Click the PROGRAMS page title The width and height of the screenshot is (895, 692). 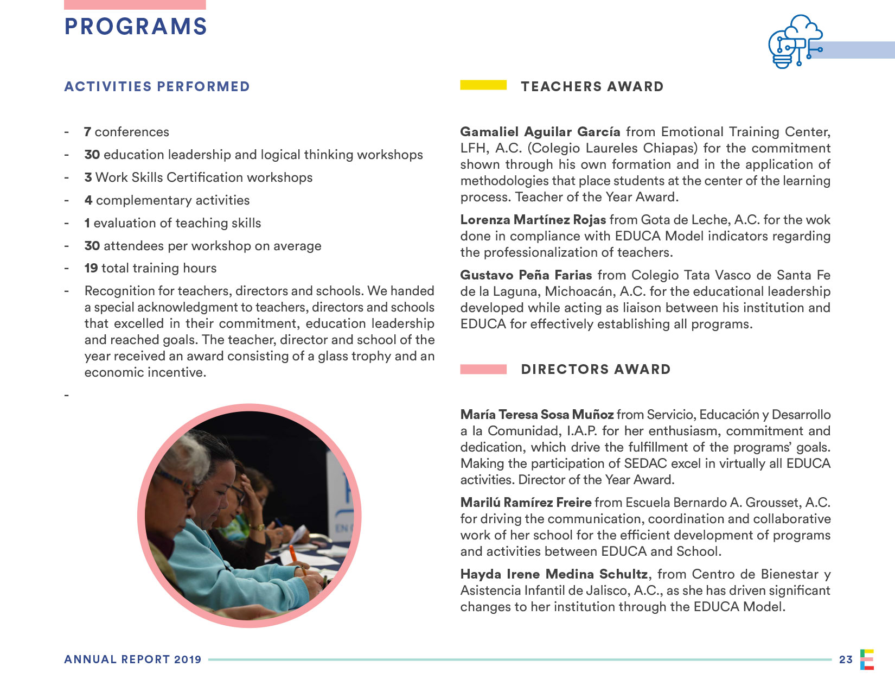(136, 27)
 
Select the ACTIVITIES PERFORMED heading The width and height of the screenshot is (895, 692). (157, 87)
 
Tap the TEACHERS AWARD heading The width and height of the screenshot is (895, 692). (592, 87)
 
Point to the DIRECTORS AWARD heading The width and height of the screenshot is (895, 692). (596, 370)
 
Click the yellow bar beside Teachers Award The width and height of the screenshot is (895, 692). (483, 85)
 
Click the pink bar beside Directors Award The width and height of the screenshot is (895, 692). (483, 370)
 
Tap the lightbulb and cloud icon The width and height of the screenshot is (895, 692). (795, 42)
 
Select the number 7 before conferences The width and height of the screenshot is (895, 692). (87, 132)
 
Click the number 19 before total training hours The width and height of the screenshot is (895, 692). (91, 268)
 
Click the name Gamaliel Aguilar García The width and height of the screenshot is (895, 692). (540, 132)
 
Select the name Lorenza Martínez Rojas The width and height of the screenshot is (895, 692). (533, 220)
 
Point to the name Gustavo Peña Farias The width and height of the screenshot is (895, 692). (526, 275)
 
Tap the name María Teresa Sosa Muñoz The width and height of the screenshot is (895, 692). (536, 415)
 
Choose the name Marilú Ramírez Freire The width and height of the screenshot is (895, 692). (526, 503)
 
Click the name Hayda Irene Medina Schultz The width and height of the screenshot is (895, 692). (554, 574)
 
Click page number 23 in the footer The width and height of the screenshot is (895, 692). (846, 659)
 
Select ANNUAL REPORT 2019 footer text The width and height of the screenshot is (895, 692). (133, 659)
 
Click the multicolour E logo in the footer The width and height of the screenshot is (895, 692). (867, 659)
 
